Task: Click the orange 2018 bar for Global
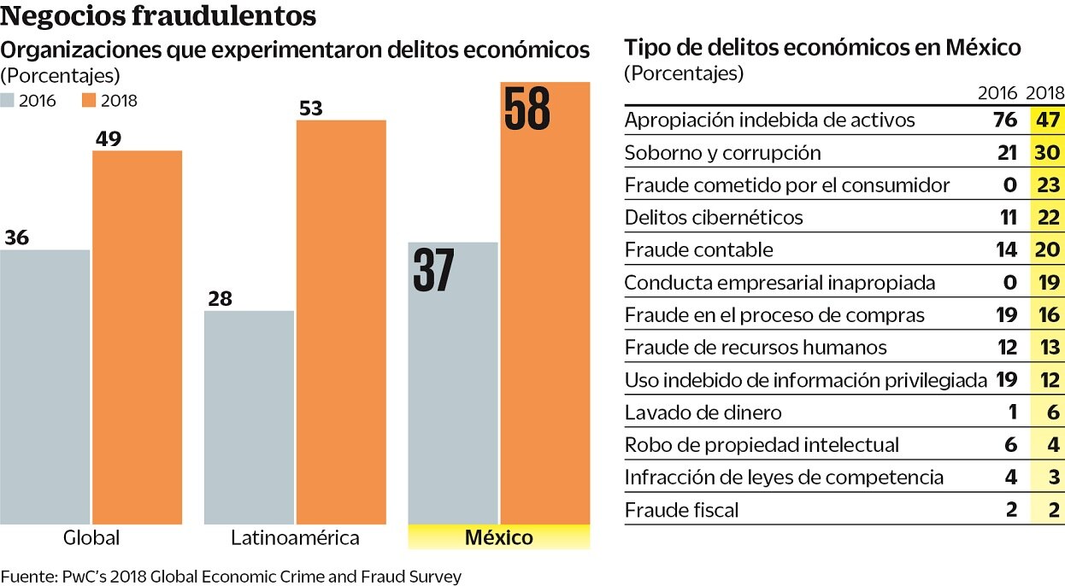[137, 337]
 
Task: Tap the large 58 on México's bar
[527, 109]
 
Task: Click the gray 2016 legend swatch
[8, 101]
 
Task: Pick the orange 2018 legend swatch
[89, 101]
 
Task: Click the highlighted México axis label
[498, 537]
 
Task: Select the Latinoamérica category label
[295, 538]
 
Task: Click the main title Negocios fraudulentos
[158, 16]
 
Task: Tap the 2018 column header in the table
[1044, 93]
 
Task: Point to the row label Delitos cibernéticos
[714, 217]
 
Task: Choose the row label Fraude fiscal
[681, 510]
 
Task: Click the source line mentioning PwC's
[231, 577]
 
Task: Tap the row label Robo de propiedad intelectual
[762, 445]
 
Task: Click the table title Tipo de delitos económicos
[822, 47]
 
